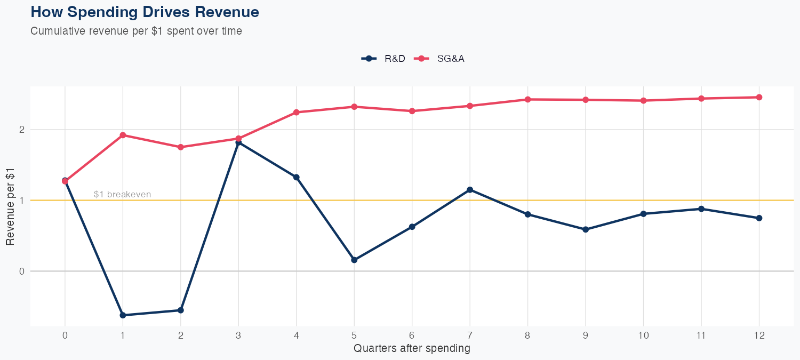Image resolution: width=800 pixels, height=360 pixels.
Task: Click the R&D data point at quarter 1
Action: coord(123,315)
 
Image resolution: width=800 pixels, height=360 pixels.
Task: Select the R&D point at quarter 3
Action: coord(238,142)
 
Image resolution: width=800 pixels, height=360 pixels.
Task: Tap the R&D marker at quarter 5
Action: coord(354,260)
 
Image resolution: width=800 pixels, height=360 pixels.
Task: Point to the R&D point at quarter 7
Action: coord(470,190)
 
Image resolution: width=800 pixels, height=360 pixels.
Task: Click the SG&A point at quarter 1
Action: coord(123,135)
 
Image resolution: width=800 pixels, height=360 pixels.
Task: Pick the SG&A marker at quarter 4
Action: coord(297,113)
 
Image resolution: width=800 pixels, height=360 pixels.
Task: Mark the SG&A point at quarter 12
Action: coord(759,97)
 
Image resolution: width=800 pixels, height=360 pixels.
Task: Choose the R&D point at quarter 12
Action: coord(759,218)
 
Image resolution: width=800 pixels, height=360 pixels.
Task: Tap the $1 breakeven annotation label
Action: coord(122,195)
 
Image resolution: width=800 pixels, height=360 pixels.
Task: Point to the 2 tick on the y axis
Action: coord(22,130)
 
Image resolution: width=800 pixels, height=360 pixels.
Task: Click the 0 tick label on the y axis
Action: coord(22,271)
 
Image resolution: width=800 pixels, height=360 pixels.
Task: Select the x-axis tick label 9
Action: coord(586,335)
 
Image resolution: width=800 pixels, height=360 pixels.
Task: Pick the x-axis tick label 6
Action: coord(412,335)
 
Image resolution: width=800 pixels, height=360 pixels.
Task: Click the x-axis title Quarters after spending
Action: coord(412,349)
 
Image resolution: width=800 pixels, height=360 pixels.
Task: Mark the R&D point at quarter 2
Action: coord(181,310)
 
